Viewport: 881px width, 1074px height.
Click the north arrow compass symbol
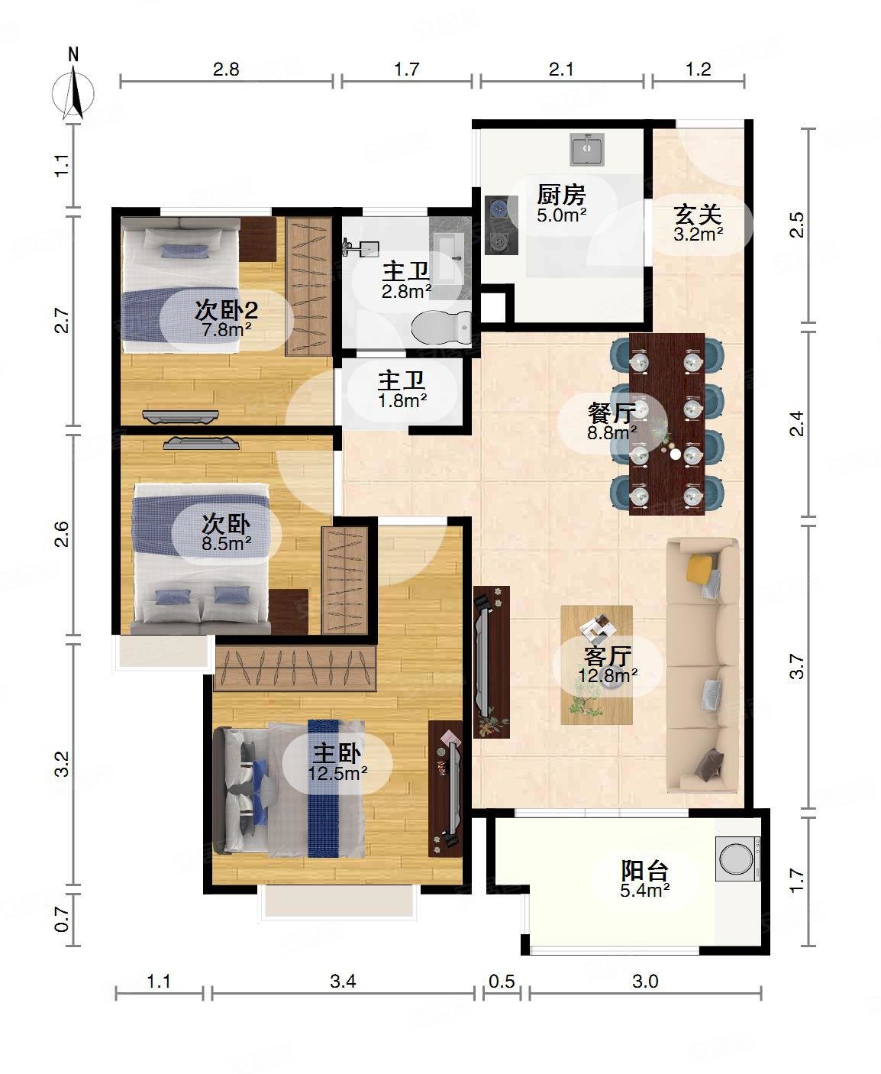coord(73,91)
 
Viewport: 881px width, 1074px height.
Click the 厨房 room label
coord(561,196)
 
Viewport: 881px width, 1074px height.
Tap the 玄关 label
coord(698,215)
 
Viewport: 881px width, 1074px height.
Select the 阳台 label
coord(645,870)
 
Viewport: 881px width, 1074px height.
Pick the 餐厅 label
coord(612,413)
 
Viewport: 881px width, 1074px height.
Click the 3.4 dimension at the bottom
coord(343,981)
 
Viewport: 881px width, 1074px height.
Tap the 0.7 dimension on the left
coord(63,920)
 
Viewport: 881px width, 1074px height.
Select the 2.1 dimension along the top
coord(561,70)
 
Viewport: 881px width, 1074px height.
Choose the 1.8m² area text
coord(403,400)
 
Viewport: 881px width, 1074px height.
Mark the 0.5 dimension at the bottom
coord(502,981)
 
